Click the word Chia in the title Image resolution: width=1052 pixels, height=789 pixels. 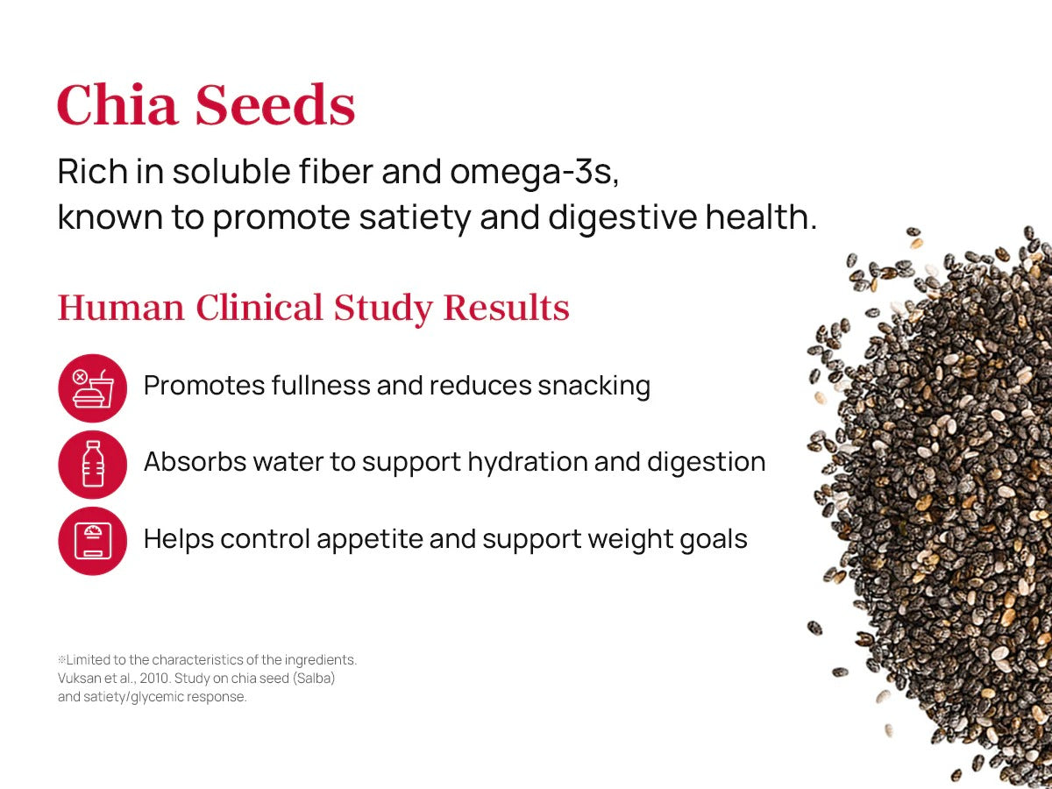pyautogui.click(x=117, y=104)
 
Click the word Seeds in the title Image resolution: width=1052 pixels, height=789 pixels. pyautogui.click(x=275, y=104)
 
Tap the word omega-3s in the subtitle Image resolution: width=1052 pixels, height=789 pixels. pyautogui.click(x=535, y=173)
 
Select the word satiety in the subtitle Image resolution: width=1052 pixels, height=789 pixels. pyautogui.click(x=415, y=218)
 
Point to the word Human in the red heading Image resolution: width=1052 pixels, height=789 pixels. pyautogui.click(x=121, y=307)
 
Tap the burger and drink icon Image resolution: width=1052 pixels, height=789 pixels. pyautogui.click(x=93, y=388)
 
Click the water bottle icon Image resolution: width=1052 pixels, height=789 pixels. pyautogui.click(x=93, y=465)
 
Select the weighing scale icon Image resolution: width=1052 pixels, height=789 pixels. pyautogui.click(x=93, y=541)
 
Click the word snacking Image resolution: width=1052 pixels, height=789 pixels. pyautogui.click(x=594, y=386)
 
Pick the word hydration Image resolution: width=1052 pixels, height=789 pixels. pyautogui.click(x=528, y=462)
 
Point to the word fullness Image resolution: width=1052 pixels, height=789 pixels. pyautogui.click(x=321, y=385)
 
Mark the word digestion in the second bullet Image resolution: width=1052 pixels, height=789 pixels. pyautogui.click(x=706, y=462)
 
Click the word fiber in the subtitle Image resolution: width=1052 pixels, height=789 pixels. pyautogui.click(x=336, y=171)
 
